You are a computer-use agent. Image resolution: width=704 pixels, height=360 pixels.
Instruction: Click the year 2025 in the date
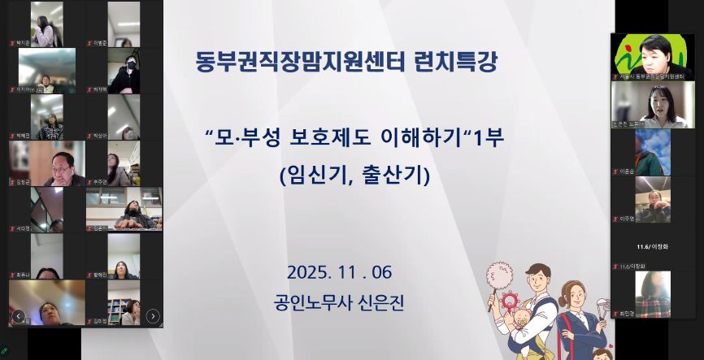[308, 271]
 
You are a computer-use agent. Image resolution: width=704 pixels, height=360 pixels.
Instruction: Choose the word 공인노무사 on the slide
[310, 303]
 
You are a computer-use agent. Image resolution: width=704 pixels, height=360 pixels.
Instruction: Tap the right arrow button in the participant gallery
[153, 315]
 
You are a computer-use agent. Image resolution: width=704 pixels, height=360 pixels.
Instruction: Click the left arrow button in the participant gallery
[17, 315]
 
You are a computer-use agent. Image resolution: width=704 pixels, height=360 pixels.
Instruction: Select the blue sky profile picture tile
[652, 151]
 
